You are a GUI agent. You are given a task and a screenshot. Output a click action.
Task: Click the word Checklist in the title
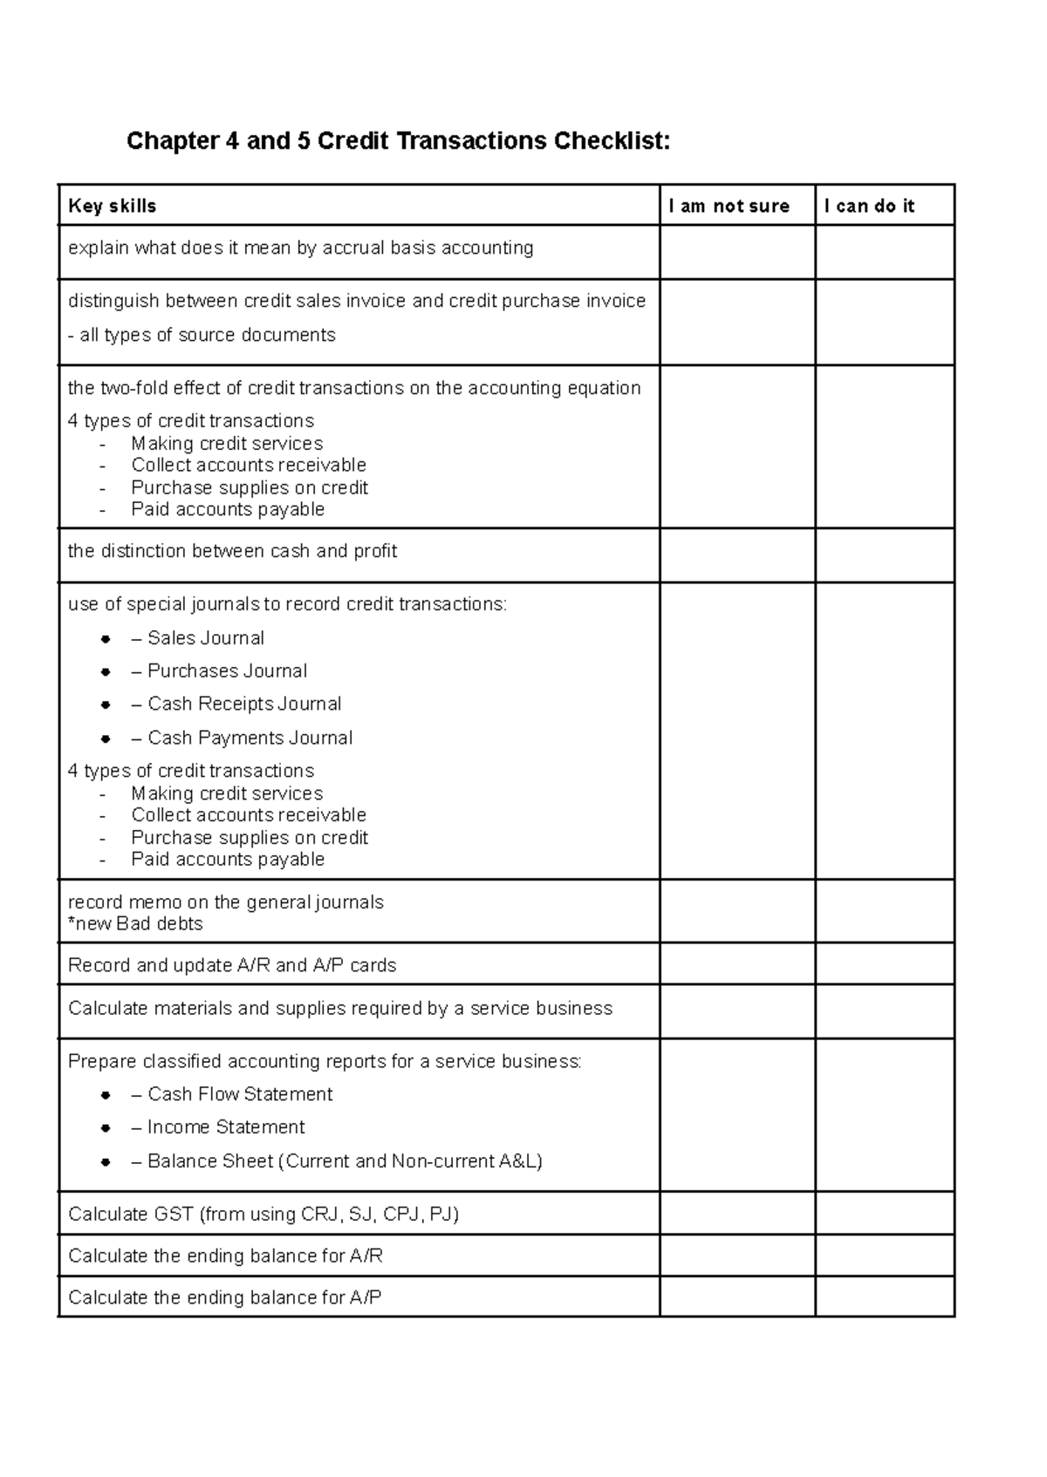tap(612, 140)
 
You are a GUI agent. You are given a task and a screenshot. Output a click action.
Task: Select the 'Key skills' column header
tap(112, 206)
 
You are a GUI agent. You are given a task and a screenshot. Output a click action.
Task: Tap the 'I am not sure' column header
tap(729, 206)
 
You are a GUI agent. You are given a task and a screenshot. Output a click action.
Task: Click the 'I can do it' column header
tap(869, 206)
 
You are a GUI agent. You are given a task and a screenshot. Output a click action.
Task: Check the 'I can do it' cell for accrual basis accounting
tap(884, 252)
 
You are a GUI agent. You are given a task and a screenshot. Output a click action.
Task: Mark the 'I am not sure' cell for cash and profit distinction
tap(737, 555)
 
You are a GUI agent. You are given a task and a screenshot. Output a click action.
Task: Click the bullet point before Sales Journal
tap(106, 639)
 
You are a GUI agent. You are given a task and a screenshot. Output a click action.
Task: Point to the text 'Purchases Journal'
tap(227, 670)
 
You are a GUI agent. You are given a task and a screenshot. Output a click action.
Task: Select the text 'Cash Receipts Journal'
tap(244, 704)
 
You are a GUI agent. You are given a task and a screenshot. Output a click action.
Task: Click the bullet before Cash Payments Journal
tap(106, 738)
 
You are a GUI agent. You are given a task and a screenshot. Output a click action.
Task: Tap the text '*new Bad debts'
tap(135, 923)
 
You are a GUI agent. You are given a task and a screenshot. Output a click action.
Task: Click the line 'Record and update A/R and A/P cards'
tap(232, 965)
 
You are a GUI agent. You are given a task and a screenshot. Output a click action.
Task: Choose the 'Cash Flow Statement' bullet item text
tap(240, 1094)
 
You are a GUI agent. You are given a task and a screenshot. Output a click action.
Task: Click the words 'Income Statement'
tap(226, 1127)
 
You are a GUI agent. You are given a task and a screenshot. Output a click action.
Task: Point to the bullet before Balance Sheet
tap(106, 1161)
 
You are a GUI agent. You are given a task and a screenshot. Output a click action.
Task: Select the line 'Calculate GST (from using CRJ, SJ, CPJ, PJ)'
tap(263, 1214)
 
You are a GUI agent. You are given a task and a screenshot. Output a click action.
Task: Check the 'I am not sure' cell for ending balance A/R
tap(737, 1256)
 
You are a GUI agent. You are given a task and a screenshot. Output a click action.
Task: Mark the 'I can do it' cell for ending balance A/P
tap(884, 1297)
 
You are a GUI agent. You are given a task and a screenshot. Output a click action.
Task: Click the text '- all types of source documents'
tap(202, 335)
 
